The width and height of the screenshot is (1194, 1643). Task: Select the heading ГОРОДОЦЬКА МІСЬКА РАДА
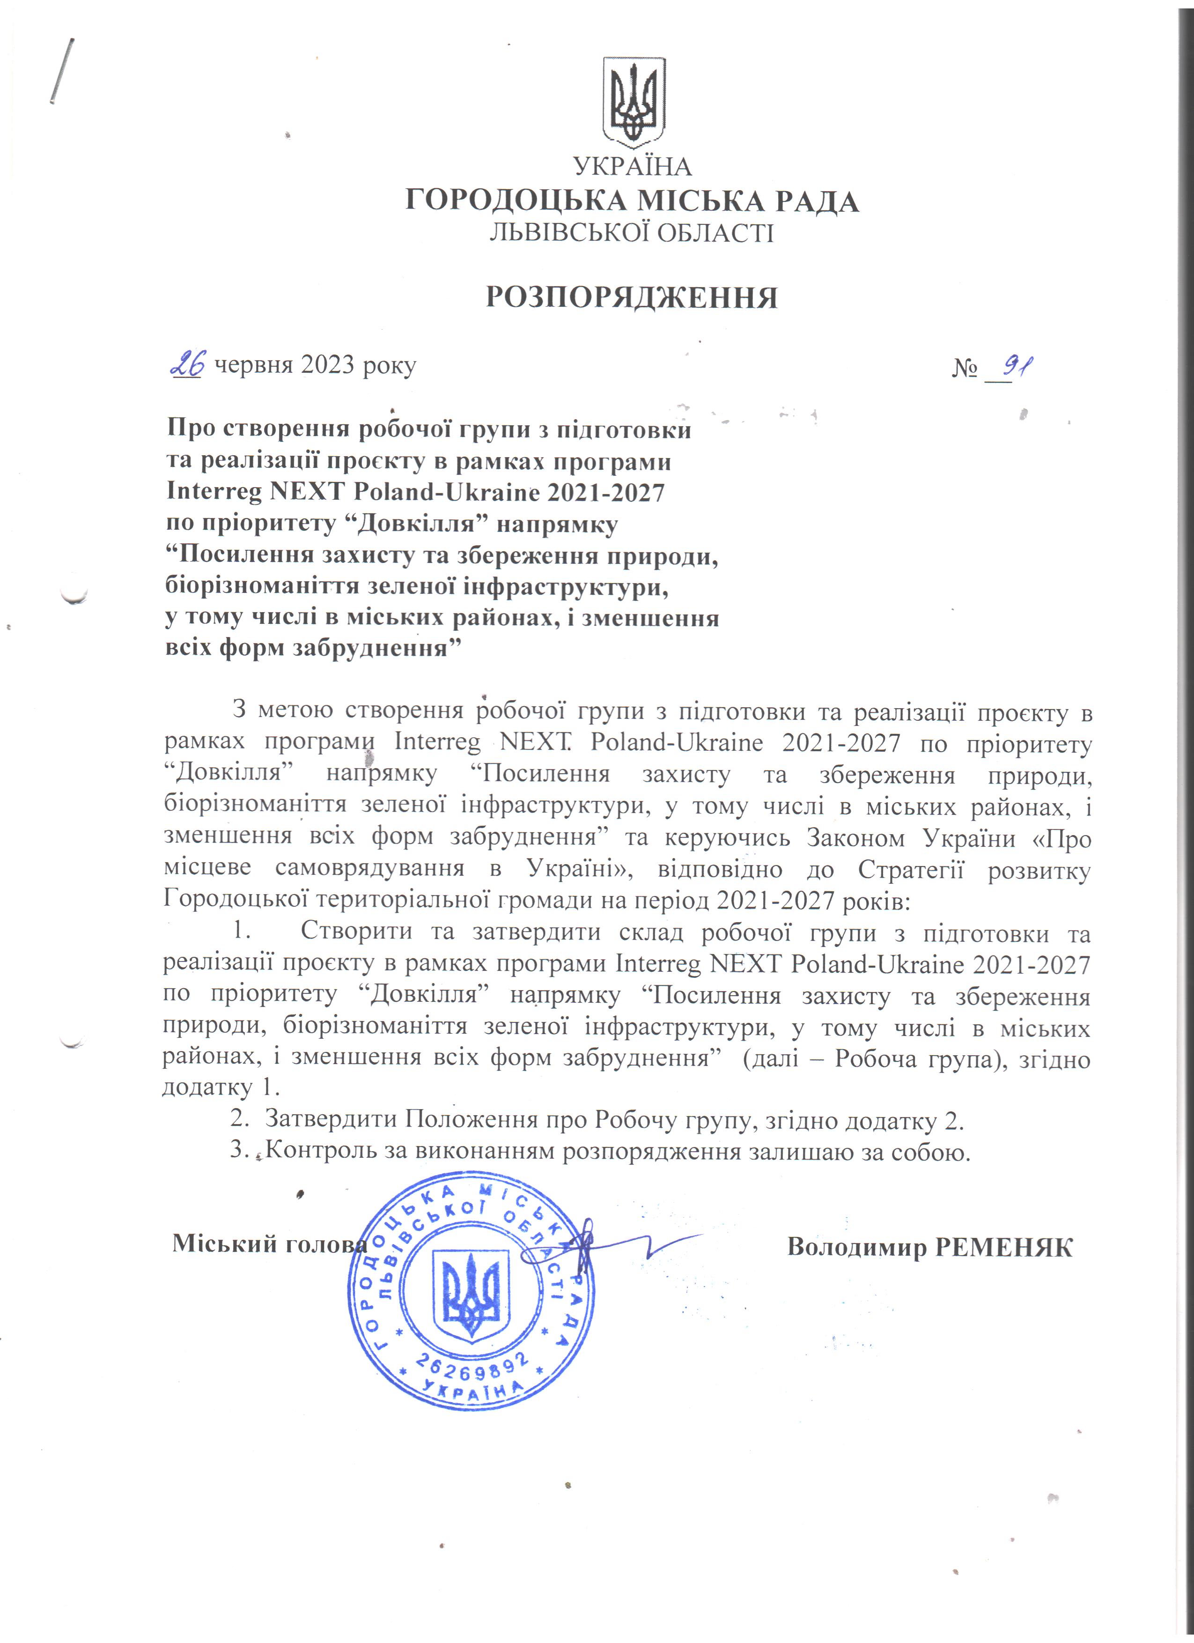[x=632, y=200]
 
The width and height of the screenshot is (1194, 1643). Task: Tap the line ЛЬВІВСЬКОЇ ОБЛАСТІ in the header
[x=632, y=233]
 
